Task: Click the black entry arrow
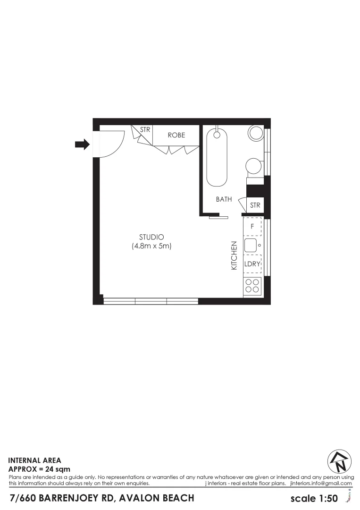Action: pos(82,144)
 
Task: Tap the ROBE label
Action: pos(176,135)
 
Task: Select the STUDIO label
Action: pos(151,237)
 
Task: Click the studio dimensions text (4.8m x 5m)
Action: pos(151,246)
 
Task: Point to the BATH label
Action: pos(224,199)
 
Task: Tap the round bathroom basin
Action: pos(256,133)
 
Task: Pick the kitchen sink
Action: pos(251,245)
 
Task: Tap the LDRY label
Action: pos(252,264)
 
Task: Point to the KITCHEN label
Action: pos(234,255)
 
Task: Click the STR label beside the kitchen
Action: pos(255,205)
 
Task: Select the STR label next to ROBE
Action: pos(145,129)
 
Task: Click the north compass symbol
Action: pos(340,461)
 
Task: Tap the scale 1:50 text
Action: pos(314,498)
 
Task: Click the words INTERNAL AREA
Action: pos(35,459)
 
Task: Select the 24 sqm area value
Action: pos(58,469)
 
